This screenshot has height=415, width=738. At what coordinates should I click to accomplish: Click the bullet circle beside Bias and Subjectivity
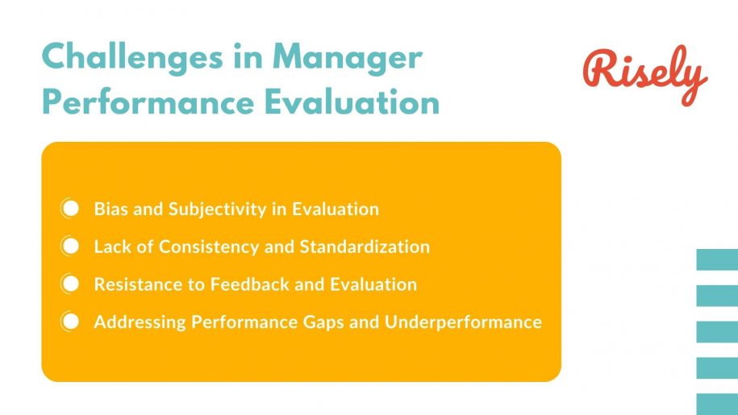point(71,210)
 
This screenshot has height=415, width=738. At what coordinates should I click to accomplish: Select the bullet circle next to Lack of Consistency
point(71,247)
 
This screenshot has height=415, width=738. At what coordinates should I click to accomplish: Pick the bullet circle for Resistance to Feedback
point(71,284)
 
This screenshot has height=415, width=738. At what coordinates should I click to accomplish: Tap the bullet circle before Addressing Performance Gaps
point(71,322)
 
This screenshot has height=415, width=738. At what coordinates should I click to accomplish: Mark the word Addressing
point(139,322)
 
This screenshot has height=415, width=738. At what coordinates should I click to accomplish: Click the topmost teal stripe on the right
point(717,259)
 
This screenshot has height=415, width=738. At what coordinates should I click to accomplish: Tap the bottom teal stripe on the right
point(717,404)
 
